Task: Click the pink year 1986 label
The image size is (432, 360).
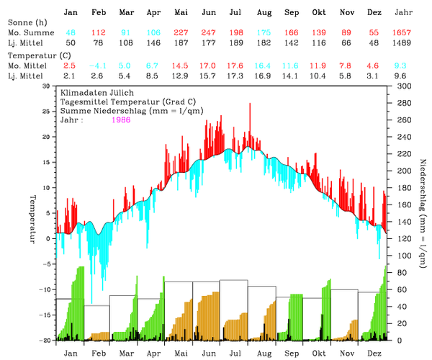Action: (x=122, y=120)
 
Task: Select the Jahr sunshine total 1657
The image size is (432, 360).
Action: (x=403, y=33)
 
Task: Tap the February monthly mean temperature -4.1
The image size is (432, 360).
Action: (x=97, y=66)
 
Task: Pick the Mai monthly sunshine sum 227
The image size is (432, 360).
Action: (x=181, y=33)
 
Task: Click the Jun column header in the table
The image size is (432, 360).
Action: (x=209, y=13)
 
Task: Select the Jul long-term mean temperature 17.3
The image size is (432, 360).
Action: (x=235, y=76)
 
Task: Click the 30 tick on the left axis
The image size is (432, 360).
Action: (x=47, y=86)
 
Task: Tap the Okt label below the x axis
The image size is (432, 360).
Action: (x=319, y=354)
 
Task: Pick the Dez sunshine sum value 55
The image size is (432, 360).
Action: (x=374, y=33)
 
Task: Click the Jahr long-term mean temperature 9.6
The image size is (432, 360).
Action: (x=403, y=76)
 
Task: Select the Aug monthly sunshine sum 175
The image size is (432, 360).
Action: (x=264, y=33)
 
